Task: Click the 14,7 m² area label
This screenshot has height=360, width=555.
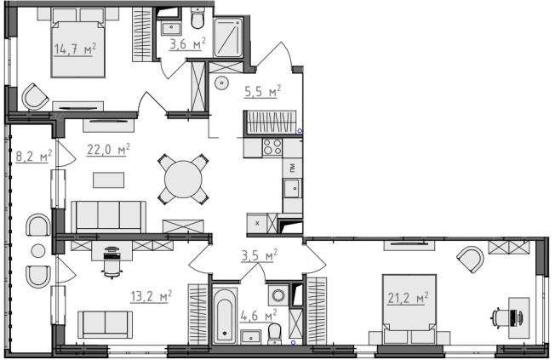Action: pos(75,49)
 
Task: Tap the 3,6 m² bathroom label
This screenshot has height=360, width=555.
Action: pos(187,44)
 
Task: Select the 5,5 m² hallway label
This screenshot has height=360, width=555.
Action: pos(263,92)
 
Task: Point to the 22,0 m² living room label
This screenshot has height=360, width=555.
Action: pos(108,150)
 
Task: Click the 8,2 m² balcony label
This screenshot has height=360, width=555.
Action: pos(34,156)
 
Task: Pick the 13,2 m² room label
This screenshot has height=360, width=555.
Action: pos(152,296)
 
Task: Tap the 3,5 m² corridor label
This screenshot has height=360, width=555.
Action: pos(259,255)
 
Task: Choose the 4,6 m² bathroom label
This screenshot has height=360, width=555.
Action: pos(259,315)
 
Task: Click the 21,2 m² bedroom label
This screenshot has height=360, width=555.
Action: pos(408,298)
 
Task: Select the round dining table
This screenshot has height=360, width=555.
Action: pos(183,179)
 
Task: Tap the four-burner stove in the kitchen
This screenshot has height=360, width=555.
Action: pos(272,147)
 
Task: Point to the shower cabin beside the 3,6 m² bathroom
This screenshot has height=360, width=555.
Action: pos(229,37)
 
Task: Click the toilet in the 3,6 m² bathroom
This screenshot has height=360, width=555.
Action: pos(197,18)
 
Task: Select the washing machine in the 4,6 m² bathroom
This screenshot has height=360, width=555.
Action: pos(277,295)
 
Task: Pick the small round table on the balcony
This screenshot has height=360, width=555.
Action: pos(37,251)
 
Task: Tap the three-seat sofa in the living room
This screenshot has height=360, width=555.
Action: pos(109,217)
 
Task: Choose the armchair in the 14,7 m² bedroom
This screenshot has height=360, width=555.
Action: pos(35,97)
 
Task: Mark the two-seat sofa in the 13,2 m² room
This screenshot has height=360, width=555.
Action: pos(105,324)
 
